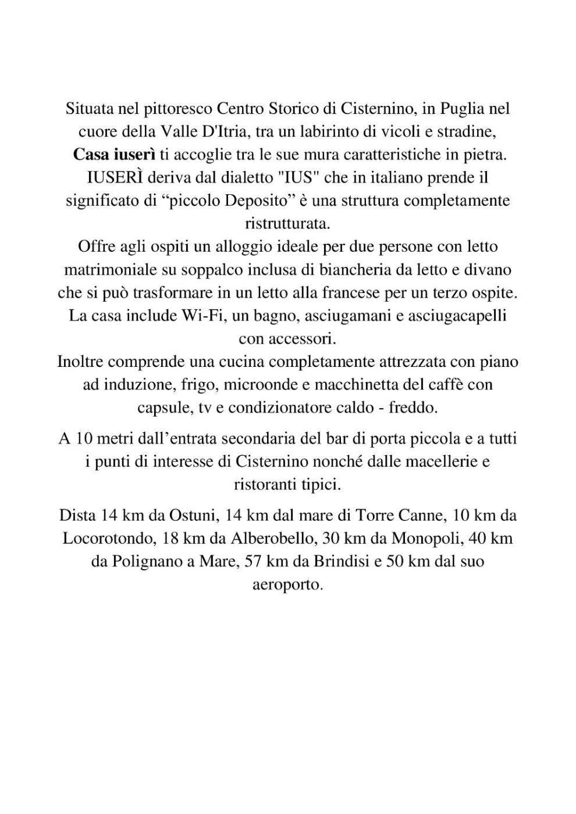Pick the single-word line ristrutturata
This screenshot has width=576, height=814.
click(x=287, y=223)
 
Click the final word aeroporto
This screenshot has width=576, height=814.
click(x=287, y=584)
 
